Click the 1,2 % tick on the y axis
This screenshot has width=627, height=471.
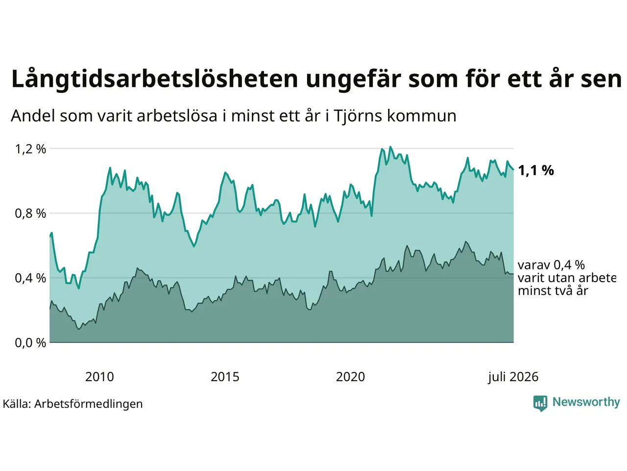(30, 149)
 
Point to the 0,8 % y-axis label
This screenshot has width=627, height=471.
(30, 213)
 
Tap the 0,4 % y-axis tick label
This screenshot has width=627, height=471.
(30, 278)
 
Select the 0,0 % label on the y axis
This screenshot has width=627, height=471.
(30, 343)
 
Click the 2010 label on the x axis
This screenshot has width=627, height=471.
(99, 377)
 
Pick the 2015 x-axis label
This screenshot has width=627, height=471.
(225, 377)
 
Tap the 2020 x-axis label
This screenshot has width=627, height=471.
(350, 377)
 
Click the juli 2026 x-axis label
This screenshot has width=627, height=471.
(513, 377)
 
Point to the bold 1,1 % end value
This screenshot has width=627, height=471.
(536, 171)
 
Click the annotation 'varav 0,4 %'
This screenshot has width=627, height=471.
(551, 265)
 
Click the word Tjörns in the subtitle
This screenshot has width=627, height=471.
(358, 116)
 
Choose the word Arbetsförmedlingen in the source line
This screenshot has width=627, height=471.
(88, 404)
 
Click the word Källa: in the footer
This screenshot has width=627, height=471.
(17, 404)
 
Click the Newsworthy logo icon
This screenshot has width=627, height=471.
(540, 403)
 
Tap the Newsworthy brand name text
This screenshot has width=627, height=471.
(586, 402)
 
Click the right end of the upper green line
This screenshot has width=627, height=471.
(513, 170)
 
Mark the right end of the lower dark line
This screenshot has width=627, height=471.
(513, 274)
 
